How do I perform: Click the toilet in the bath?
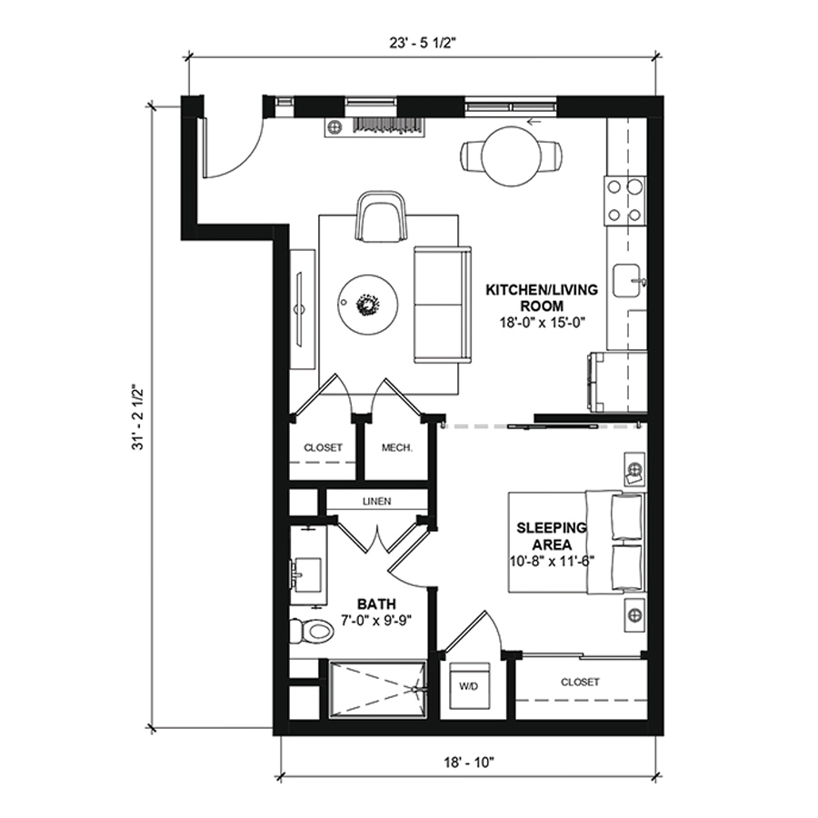(312, 632)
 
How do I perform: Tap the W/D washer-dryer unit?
(470, 686)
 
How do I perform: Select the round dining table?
(512, 156)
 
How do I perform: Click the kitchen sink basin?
(626, 281)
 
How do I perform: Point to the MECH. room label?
(397, 447)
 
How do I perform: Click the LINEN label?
(376, 502)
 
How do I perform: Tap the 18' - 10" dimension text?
(469, 763)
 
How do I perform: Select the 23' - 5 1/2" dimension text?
(423, 43)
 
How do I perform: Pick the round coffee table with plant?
(368, 304)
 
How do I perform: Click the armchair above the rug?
(382, 217)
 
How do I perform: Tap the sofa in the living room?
(443, 304)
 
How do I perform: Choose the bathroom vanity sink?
(308, 574)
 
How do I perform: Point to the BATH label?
(376, 604)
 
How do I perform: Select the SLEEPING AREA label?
(552, 536)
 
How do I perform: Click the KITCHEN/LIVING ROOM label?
(542, 298)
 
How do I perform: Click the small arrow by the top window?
(534, 122)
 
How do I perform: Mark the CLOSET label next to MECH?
(323, 447)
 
